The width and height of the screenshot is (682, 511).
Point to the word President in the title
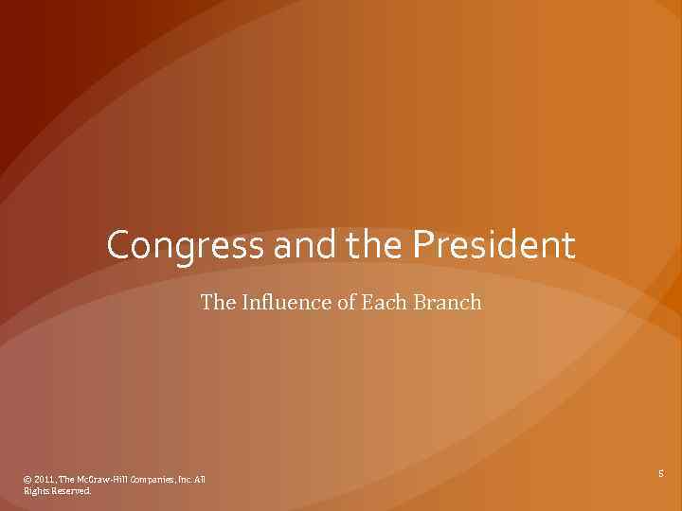(x=493, y=246)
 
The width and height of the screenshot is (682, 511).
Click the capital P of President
(x=422, y=246)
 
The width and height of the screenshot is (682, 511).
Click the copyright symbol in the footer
(x=27, y=480)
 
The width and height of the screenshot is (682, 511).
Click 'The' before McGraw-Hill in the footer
(x=72, y=480)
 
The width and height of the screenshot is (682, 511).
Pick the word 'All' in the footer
(x=200, y=480)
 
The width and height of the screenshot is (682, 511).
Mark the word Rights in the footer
(x=37, y=491)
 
